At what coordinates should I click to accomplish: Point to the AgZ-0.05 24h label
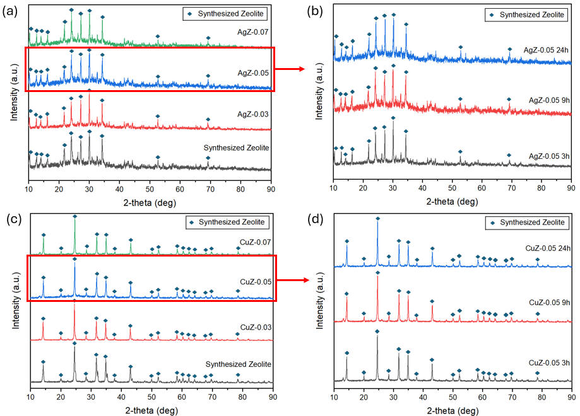click(x=547, y=50)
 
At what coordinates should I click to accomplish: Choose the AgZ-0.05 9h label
click(x=549, y=100)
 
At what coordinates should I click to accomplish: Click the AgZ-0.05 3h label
click(x=549, y=156)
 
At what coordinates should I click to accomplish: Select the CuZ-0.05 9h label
click(x=549, y=303)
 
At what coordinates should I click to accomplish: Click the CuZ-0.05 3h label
click(x=549, y=362)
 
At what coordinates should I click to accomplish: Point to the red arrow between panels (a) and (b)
click(x=290, y=72)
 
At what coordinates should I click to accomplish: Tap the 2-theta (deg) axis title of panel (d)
click(x=451, y=410)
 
